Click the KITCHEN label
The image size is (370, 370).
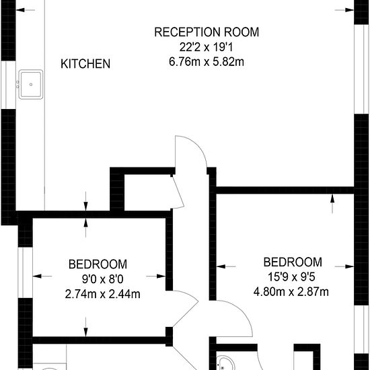pyautogui.click(x=85, y=64)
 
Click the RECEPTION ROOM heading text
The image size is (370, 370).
pyautogui.click(x=207, y=32)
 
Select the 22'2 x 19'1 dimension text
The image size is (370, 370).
pyautogui.click(x=207, y=47)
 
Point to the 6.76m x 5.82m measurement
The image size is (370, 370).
pyautogui.click(x=207, y=62)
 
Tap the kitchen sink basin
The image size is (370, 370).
pyautogui.click(x=31, y=85)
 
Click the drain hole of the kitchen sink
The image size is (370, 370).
pyautogui.click(x=31, y=85)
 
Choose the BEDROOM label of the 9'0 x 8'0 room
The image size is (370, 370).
pyautogui.click(x=98, y=264)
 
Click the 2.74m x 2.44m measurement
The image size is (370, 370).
pyautogui.click(x=102, y=294)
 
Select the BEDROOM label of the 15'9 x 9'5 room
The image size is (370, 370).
pyautogui.click(x=293, y=262)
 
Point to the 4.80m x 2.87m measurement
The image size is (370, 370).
pyautogui.click(x=291, y=292)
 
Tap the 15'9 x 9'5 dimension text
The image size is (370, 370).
pyautogui.click(x=291, y=277)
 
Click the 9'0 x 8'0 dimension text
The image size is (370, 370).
pyautogui.click(x=102, y=279)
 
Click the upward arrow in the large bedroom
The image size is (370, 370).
pyautogui.click(x=332, y=204)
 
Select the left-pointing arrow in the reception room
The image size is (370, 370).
pyautogui.click(x=26, y=10)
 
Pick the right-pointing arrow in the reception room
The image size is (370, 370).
pyautogui.click(x=344, y=10)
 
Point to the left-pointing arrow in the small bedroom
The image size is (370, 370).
pyautogui.click(x=42, y=276)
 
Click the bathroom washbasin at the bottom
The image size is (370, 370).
pyautogui.click(x=225, y=363)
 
